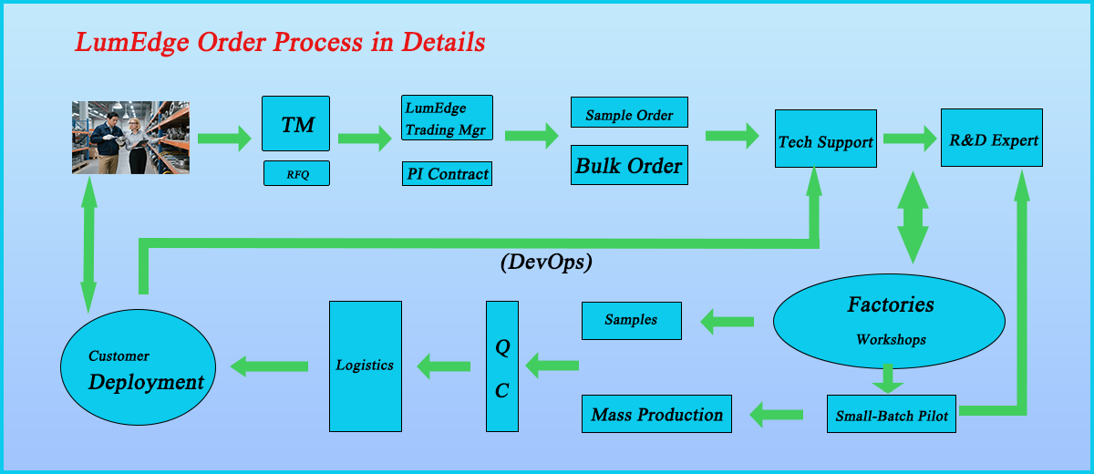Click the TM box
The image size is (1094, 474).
pyautogui.click(x=295, y=123)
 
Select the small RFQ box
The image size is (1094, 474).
pyautogui.click(x=295, y=173)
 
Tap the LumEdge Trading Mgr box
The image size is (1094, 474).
pyautogui.click(x=447, y=118)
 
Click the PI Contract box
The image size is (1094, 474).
pyautogui.click(x=447, y=173)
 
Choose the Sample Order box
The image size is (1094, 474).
pyautogui.click(x=629, y=112)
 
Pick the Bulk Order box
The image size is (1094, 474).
pyautogui.click(x=629, y=165)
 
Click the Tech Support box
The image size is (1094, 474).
pyautogui.click(x=825, y=139)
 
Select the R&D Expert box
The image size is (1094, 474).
pyautogui.click(x=992, y=138)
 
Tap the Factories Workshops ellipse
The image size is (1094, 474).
pyautogui.click(x=889, y=320)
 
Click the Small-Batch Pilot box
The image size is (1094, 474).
pyautogui.click(x=892, y=414)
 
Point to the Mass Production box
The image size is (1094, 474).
pyautogui.click(x=656, y=414)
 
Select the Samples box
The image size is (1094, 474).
pyautogui.click(x=631, y=321)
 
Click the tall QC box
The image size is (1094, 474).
pyautogui.click(x=501, y=366)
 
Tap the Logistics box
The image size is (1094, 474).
pyautogui.click(x=365, y=366)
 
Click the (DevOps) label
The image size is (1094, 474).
pyautogui.click(x=546, y=263)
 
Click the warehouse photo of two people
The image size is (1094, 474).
pyautogui.click(x=130, y=137)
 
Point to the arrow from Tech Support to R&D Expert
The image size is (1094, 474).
pyautogui.click(x=909, y=138)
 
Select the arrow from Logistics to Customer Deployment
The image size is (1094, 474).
pyautogui.click(x=270, y=366)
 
